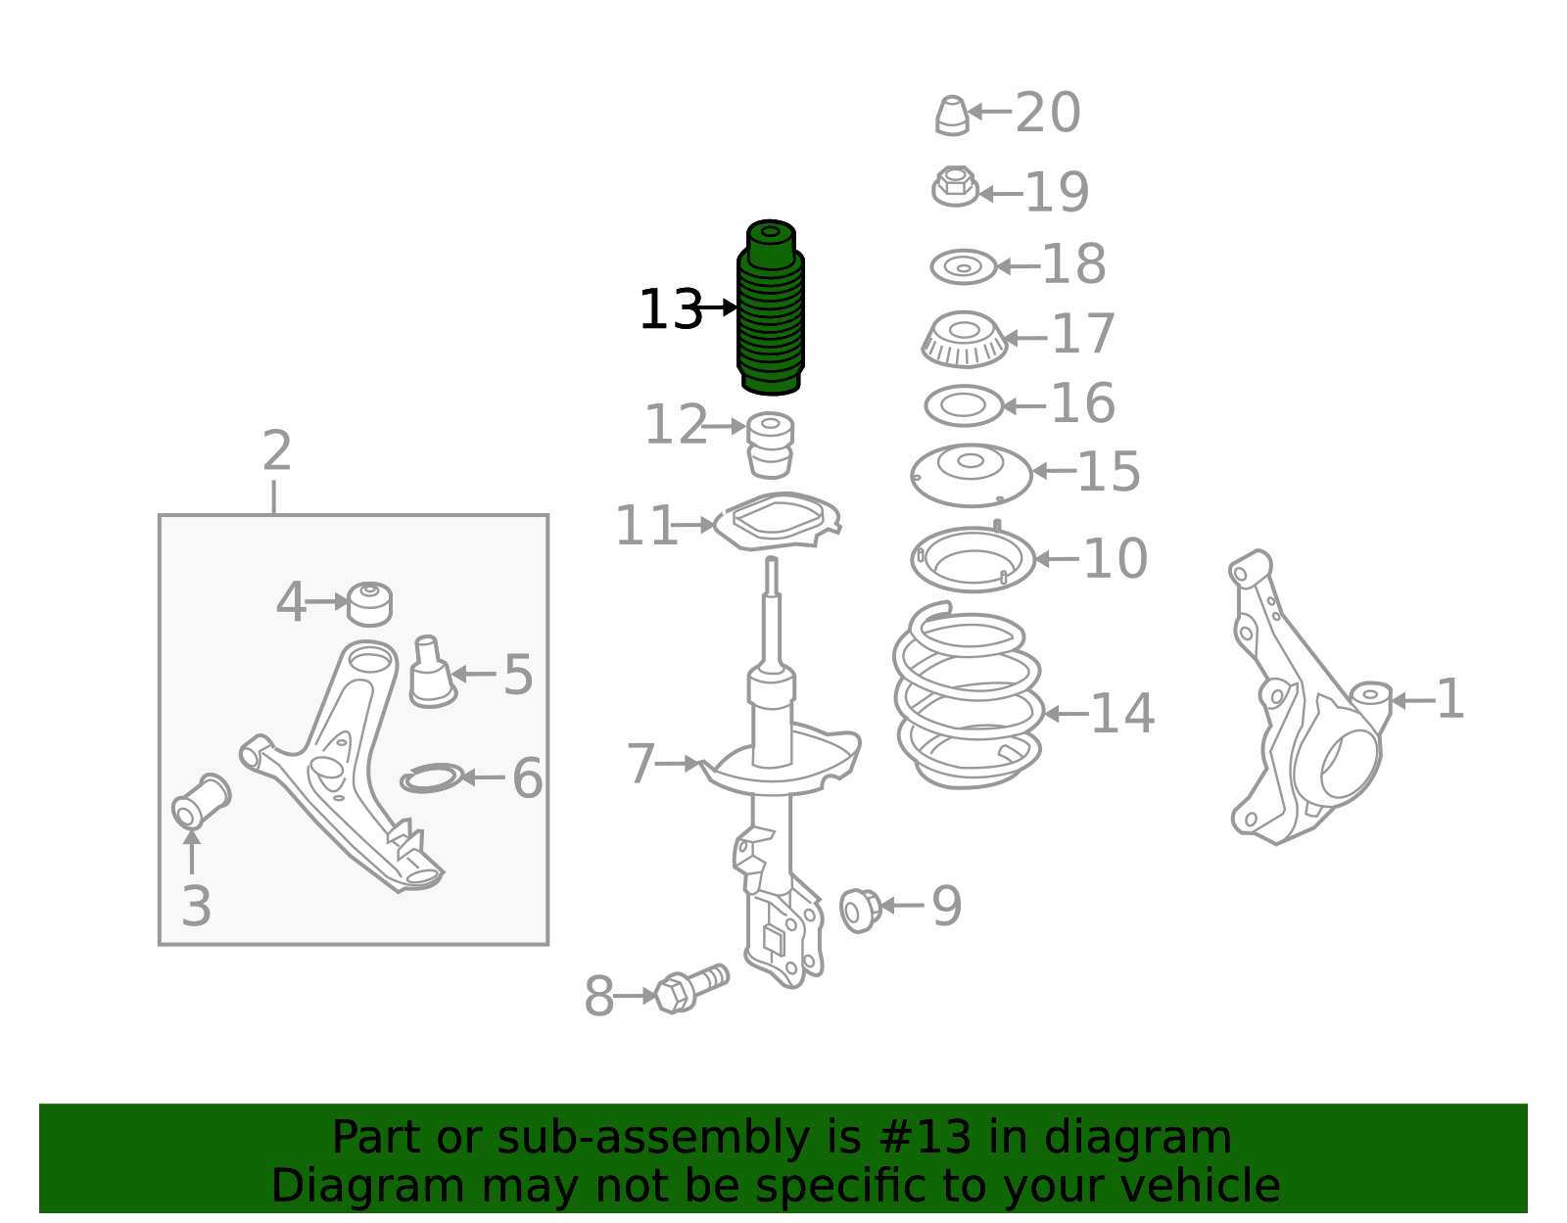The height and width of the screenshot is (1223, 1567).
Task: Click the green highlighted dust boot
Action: (x=770, y=307)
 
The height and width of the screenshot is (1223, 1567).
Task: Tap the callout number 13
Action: (x=671, y=309)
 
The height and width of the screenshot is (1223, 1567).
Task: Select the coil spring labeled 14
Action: (x=968, y=696)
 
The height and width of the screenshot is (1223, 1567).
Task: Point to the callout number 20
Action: (x=1048, y=113)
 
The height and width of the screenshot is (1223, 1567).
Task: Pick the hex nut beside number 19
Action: (x=955, y=187)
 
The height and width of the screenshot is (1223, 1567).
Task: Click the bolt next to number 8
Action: (x=691, y=989)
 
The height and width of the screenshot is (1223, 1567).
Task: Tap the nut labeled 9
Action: (x=860, y=911)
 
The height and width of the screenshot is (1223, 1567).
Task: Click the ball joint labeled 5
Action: (x=431, y=672)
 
